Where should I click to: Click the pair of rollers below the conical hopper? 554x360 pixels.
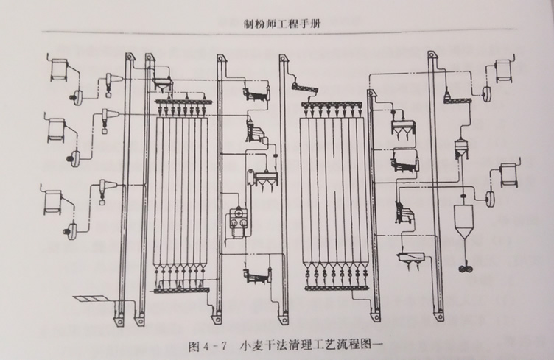[463, 270]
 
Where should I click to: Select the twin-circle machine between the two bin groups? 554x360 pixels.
[238, 218]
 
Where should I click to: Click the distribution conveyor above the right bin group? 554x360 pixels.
[337, 102]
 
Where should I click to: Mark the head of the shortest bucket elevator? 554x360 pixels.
[371, 95]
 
